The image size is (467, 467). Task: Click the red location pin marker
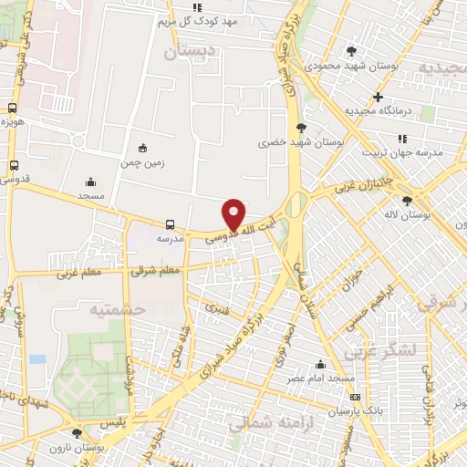(x=235, y=213)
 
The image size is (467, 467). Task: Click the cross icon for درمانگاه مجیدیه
(x=378, y=97)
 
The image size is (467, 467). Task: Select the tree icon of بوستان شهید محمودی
(x=352, y=50)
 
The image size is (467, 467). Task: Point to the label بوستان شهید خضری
(x=293, y=142)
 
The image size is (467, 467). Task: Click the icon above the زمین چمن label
(x=140, y=148)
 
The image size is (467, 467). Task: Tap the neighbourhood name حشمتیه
(x=117, y=309)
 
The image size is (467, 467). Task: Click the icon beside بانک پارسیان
(x=355, y=397)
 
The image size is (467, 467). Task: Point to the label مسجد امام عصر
(x=320, y=377)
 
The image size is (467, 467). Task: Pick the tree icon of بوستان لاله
(x=407, y=200)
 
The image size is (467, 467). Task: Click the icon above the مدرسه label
(x=171, y=223)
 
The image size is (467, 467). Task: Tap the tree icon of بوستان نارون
(x=77, y=433)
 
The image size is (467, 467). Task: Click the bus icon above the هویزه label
(x=12, y=107)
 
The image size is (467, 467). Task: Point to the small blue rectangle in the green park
(x=36, y=358)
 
